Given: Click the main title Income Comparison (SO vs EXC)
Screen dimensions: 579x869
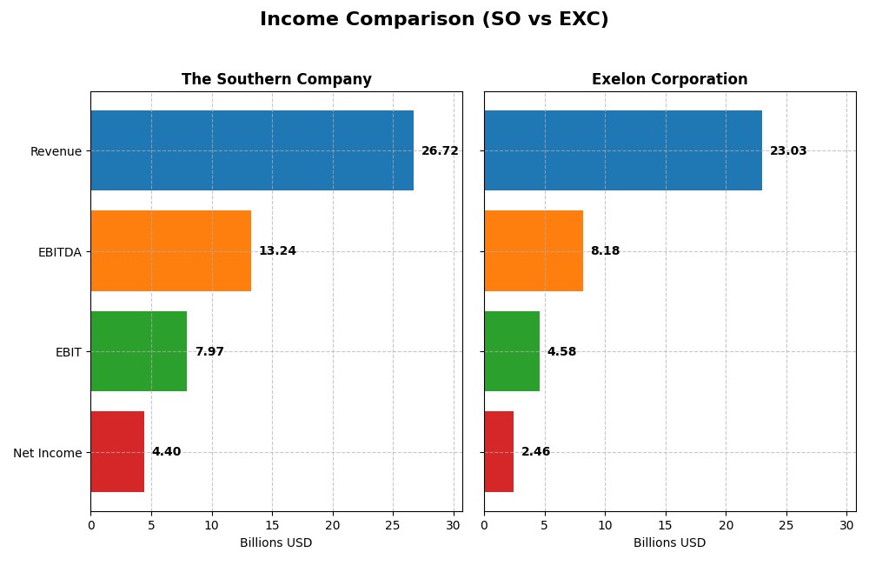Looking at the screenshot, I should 434,20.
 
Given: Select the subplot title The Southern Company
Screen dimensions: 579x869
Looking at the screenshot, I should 276,80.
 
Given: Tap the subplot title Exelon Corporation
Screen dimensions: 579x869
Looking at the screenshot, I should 669,80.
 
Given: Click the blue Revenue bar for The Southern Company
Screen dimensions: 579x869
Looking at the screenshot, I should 252,150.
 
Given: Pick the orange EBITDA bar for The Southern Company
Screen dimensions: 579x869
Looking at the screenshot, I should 170,250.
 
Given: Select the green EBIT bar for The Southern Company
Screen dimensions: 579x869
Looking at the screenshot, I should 138,351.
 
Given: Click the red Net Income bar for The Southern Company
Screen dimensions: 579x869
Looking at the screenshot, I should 117,451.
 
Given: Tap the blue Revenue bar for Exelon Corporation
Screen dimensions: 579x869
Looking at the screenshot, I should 623,150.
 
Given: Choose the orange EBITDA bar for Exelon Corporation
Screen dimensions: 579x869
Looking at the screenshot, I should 534,250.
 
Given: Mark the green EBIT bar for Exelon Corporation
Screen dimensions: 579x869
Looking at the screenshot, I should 512,351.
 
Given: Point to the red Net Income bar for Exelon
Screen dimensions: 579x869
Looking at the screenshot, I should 499,451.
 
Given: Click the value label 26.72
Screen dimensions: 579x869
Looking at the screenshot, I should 440,151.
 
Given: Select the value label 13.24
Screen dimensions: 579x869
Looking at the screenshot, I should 277,251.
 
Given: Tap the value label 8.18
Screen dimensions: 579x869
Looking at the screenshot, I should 605,251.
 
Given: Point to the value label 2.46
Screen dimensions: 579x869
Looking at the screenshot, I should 535,452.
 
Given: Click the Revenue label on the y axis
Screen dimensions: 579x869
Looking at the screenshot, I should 56,152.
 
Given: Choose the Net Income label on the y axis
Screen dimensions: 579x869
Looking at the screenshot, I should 47,453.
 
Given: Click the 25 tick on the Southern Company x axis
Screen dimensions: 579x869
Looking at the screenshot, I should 393,525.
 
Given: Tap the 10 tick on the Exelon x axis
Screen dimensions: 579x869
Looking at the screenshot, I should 605,525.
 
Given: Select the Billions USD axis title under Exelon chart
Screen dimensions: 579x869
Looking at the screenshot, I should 669,543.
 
